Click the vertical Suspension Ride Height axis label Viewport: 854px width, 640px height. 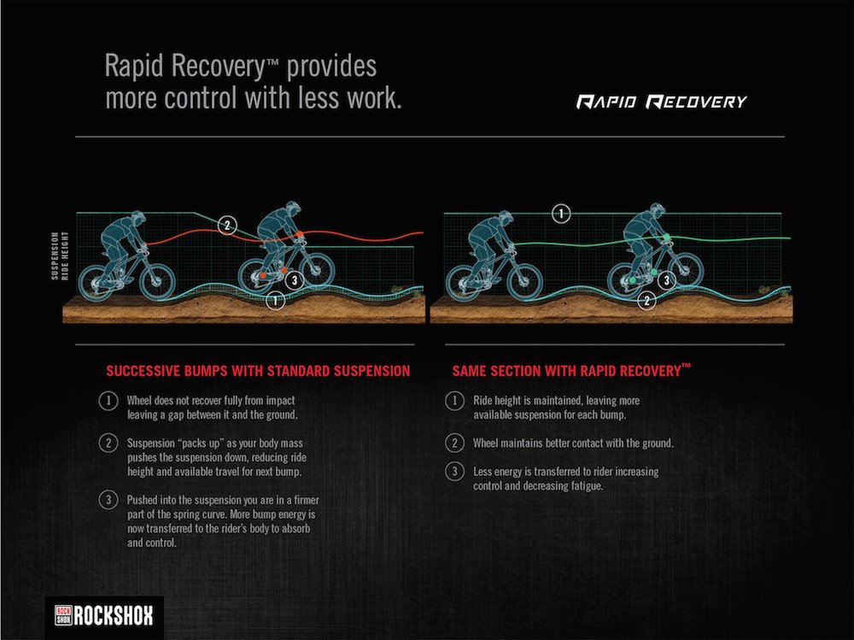tap(58, 255)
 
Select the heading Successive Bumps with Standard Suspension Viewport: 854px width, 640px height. tap(257, 371)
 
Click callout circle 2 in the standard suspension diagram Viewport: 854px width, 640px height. tap(226, 226)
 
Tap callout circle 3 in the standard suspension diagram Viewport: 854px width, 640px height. tap(292, 279)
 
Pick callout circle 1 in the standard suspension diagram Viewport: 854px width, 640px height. tap(275, 300)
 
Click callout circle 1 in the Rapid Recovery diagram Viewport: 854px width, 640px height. tap(560, 214)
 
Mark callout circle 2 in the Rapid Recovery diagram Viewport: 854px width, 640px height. tap(648, 299)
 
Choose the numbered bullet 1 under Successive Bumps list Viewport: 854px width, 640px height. tap(108, 400)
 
